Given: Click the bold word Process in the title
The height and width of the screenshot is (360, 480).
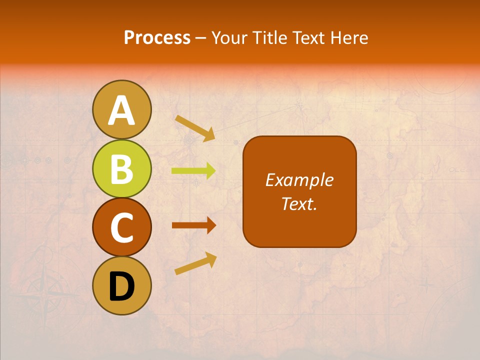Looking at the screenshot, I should (x=157, y=38).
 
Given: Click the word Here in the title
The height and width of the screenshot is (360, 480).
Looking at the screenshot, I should (x=350, y=38).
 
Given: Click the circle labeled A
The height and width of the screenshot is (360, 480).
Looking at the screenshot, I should (x=122, y=109).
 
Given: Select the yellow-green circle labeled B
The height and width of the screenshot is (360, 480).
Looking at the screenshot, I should (x=122, y=168).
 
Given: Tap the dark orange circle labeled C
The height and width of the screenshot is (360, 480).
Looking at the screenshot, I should (x=122, y=227).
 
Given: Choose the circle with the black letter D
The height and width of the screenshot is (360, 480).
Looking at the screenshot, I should (x=122, y=286).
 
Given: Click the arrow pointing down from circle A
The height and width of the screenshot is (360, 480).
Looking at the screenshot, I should (x=195, y=128).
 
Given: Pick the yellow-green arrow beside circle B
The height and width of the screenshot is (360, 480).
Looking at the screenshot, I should (x=193, y=171).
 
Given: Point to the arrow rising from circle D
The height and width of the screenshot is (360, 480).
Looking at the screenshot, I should (x=195, y=263).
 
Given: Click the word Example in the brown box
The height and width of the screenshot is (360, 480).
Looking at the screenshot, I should (x=299, y=180).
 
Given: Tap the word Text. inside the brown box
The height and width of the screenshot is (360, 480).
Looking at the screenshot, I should (x=299, y=204).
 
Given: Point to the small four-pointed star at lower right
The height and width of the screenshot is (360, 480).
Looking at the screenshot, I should (x=426, y=285).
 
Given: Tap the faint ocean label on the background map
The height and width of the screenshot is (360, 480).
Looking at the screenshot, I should (x=458, y=170).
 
